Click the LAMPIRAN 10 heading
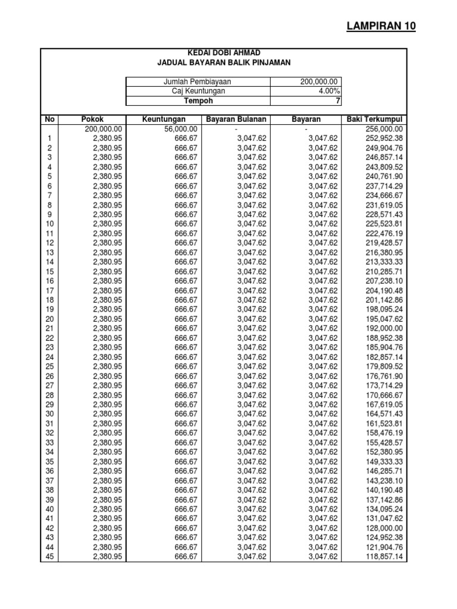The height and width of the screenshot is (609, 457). click(381, 26)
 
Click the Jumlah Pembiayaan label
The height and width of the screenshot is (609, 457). click(197, 82)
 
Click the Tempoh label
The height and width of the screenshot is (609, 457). click(197, 101)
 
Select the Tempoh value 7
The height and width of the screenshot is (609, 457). click(337, 101)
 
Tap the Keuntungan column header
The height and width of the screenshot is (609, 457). click(163, 120)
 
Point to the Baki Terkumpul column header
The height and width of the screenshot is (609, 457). click(374, 120)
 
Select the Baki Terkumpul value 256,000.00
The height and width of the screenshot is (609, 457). click(383, 129)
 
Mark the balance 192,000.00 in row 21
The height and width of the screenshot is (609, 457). click(383, 328)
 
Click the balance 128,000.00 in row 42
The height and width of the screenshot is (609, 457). click(383, 528)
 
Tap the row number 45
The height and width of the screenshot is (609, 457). click(50, 557)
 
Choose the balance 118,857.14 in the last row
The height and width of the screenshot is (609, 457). click(383, 557)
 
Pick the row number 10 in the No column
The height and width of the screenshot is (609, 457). click(50, 224)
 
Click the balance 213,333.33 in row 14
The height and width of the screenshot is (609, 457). click(383, 262)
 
